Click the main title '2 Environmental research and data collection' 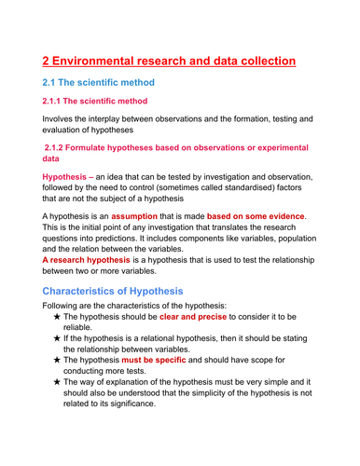(x=170, y=62)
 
